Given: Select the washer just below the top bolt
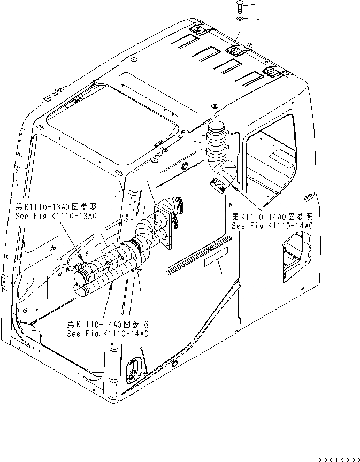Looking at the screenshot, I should (240, 19).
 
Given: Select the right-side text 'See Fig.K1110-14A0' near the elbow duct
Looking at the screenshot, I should (272, 226).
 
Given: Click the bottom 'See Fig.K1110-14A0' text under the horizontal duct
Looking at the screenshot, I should (107, 333).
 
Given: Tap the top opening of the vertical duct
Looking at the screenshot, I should (218, 128).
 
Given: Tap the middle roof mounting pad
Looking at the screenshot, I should (234, 51).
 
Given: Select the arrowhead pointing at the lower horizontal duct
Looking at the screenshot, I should (111, 286).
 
